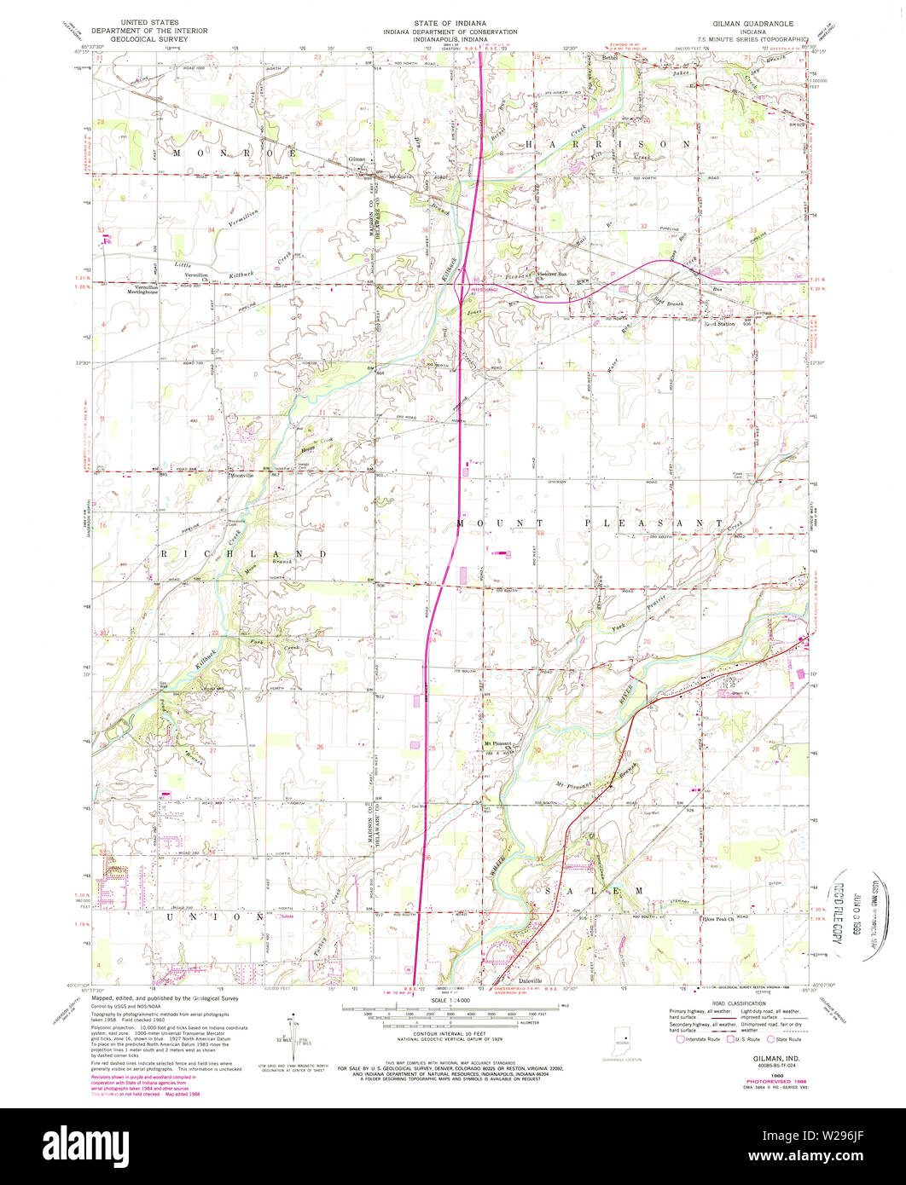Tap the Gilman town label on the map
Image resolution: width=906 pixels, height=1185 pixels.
357,159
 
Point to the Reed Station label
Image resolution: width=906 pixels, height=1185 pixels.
719,324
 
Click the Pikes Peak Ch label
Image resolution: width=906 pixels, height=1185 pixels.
718,920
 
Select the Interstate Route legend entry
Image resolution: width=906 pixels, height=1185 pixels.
699,1039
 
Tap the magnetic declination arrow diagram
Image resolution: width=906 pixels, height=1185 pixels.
292,1031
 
